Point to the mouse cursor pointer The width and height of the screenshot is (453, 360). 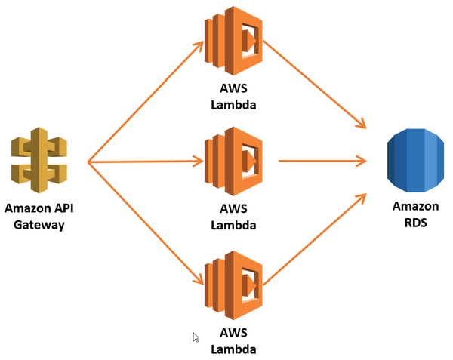[x=196, y=337]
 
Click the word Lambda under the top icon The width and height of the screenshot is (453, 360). [x=233, y=105]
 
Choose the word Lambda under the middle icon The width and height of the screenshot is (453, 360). [x=233, y=225]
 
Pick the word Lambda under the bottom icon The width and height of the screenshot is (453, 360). [x=233, y=349]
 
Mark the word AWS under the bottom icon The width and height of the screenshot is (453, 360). [x=233, y=333]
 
